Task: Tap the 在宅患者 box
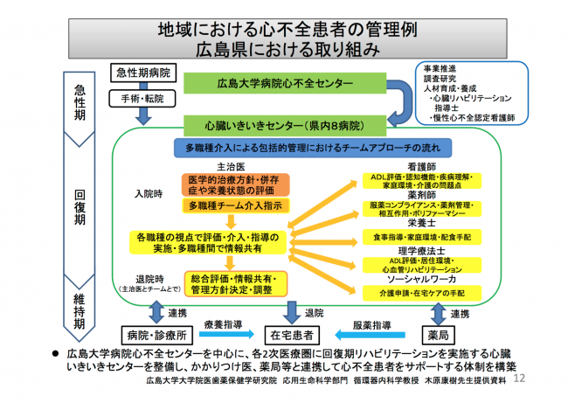pos(291,334)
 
